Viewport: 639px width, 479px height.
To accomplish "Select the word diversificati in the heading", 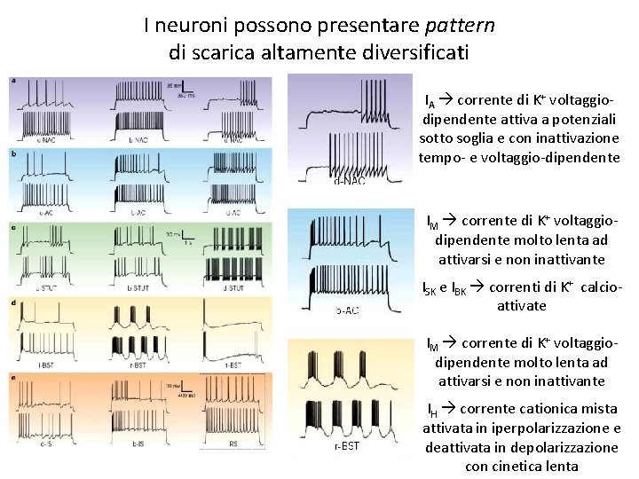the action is [419, 52].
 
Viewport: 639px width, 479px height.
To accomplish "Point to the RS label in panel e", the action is [233, 443].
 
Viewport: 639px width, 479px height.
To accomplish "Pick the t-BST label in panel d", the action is [233, 365].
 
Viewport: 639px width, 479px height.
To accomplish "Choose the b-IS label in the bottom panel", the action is [138, 443].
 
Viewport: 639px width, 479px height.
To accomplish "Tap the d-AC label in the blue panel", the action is [233, 213].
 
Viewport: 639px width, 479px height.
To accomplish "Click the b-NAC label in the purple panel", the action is [138, 139].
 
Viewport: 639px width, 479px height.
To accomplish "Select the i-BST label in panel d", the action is [41, 365].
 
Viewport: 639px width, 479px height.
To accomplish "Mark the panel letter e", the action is [13, 378].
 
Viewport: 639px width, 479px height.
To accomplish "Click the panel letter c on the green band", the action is [13, 228].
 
